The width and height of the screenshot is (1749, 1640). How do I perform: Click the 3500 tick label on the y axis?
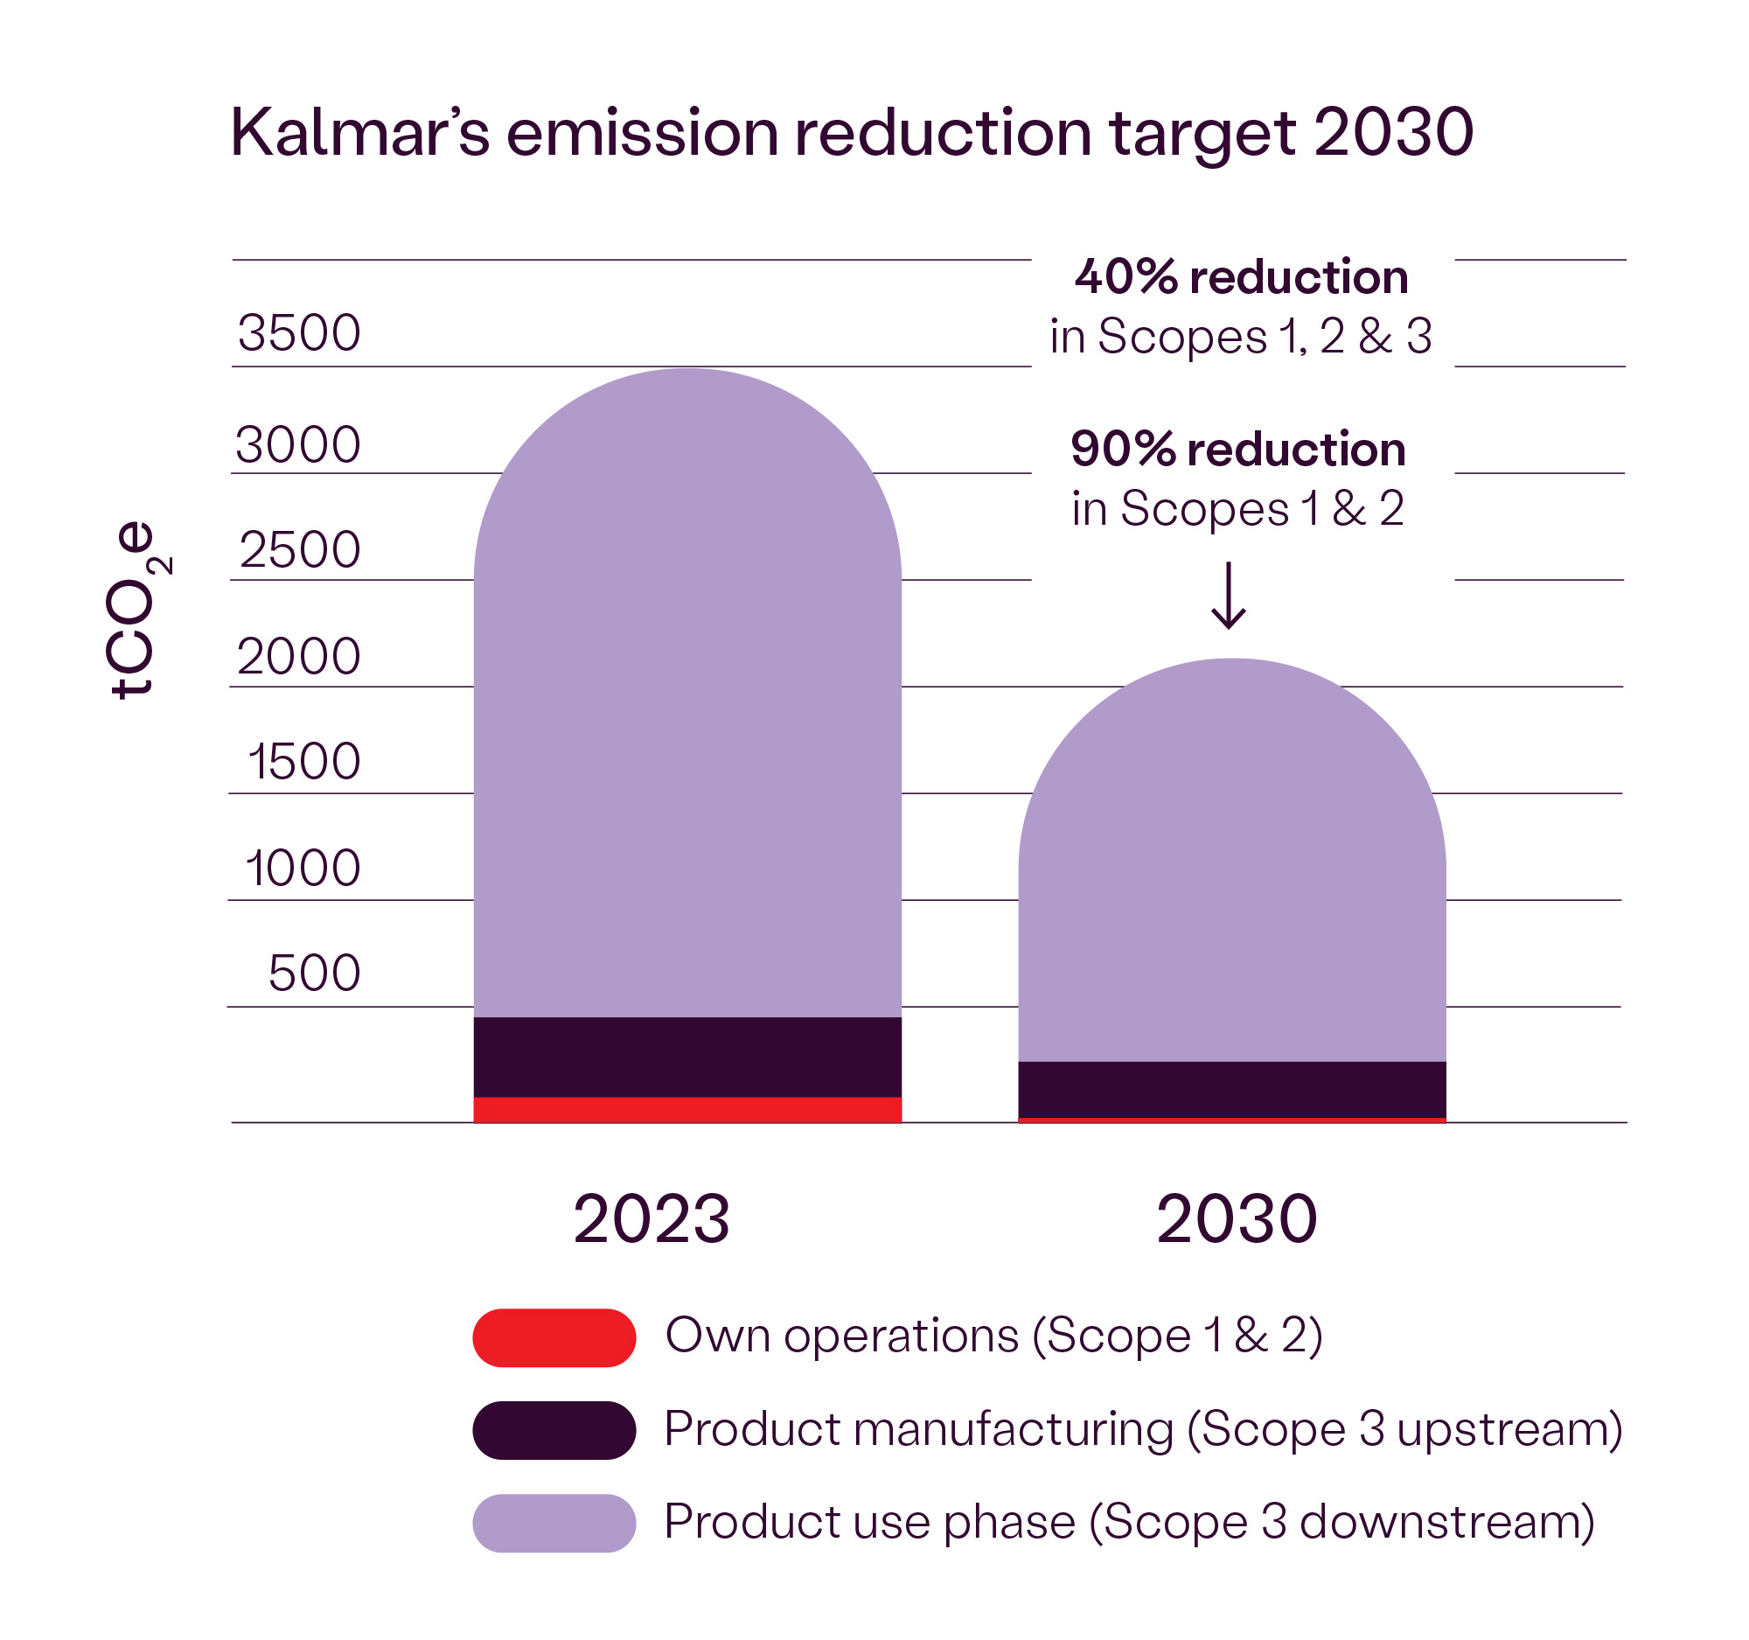[299, 332]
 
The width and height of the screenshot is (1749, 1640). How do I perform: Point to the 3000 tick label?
[298, 444]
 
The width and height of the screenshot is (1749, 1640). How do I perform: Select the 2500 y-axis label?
[300, 550]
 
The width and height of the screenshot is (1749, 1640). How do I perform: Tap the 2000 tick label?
[299, 656]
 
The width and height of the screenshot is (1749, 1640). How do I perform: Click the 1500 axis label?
[304, 762]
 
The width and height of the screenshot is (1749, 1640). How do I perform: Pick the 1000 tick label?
[303, 869]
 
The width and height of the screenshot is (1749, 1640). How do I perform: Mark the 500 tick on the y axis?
[314, 974]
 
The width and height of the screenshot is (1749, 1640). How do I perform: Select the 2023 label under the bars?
[651, 1219]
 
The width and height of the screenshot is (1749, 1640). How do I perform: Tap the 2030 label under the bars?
[1237, 1219]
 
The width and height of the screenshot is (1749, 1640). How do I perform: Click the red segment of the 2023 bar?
[687, 1110]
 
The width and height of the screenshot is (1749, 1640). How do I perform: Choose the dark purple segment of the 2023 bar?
[687, 1057]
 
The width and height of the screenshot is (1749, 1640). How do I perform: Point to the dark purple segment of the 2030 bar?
[1231, 1089]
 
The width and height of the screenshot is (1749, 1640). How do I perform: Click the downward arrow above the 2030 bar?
[1229, 597]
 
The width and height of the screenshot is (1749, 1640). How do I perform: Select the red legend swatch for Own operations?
[554, 1338]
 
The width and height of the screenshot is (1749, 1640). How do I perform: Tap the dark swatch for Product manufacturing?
[554, 1431]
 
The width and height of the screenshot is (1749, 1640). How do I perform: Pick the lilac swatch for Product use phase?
[554, 1523]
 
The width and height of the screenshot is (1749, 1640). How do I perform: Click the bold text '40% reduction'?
[1242, 278]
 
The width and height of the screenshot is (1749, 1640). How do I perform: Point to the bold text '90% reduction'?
[1237, 450]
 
